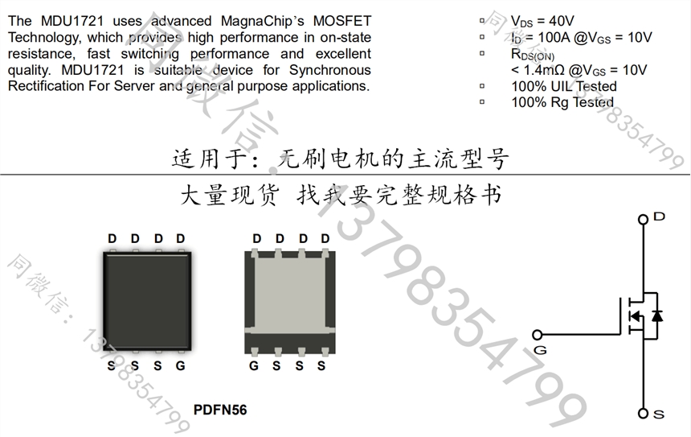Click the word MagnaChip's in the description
[x=263, y=21]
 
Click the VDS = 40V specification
[x=542, y=21]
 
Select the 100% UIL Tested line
[x=564, y=86]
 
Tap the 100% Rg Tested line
[x=562, y=102]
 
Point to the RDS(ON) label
[x=533, y=54]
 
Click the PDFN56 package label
[x=220, y=410]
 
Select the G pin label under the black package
[x=180, y=366]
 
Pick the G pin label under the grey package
[x=254, y=366]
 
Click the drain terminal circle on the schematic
[x=643, y=220]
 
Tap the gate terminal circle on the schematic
[x=538, y=335]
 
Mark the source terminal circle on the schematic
[x=643, y=413]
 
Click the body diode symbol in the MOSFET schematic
[x=657, y=315]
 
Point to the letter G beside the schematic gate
[x=540, y=350]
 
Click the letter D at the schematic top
[x=660, y=216]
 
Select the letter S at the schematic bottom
[x=659, y=414]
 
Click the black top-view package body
[x=147, y=302]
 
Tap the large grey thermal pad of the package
[x=290, y=293]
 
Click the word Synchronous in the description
[x=330, y=70]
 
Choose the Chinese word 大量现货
[x=230, y=195]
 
